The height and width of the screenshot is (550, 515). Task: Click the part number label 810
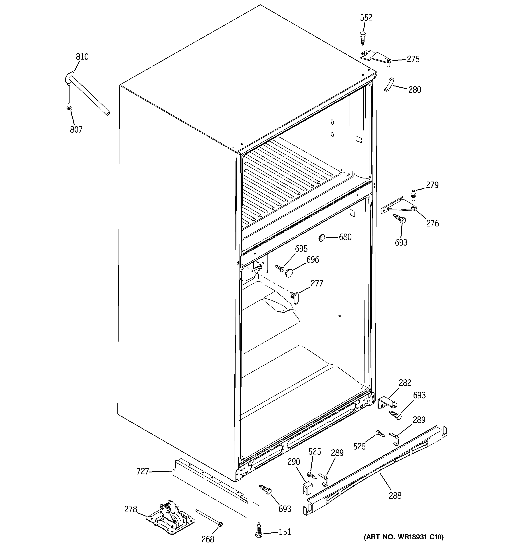pyautogui.click(x=82, y=57)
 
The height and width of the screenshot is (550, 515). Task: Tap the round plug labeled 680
pyautogui.click(x=321, y=237)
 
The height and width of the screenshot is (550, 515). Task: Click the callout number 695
pyautogui.click(x=301, y=249)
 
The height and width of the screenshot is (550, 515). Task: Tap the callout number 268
pyautogui.click(x=208, y=539)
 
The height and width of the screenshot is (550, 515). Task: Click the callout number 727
pyautogui.click(x=143, y=471)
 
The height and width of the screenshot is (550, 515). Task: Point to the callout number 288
pyautogui.click(x=395, y=495)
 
